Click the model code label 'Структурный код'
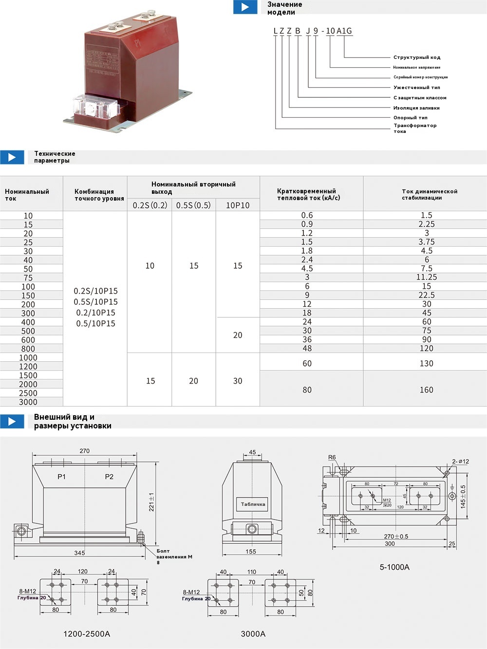click(416, 57)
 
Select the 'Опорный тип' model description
click(410, 118)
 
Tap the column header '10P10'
click(238, 205)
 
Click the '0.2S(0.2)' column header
click(150, 205)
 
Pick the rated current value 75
click(28, 278)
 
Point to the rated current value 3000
click(28, 402)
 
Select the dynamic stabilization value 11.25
click(426, 277)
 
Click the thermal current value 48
click(307, 349)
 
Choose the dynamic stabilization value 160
click(426, 390)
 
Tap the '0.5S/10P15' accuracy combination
click(95, 302)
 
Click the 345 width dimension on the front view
click(79, 553)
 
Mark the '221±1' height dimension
click(151, 501)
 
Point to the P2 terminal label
click(109, 477)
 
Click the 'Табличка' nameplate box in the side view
click(253, 504)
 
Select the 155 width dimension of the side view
click(251, 552)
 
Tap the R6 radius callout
click(332, 457)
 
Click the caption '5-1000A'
click(394, 567)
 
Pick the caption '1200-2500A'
click(87, 634)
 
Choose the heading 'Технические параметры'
click(55, 157)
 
